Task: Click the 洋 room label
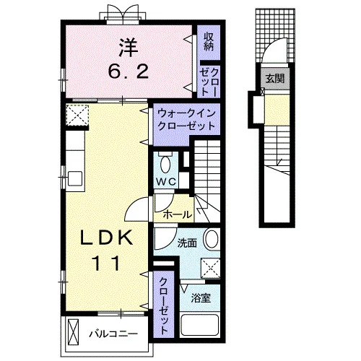(128, 48)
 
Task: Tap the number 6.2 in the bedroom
(128, 71)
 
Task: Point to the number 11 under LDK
(106, 263)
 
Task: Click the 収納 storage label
(209, 42)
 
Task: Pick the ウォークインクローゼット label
(186, 119)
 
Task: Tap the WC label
(166, 182)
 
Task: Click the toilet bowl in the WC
(165, 164)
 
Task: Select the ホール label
(178, 214)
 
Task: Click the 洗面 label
(187, 243)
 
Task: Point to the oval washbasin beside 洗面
(212, 239)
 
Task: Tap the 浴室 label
(201, 298)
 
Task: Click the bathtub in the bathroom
(199, 325)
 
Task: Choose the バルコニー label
(113, 334)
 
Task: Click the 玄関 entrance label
(275, 78)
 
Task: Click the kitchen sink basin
(75, 178)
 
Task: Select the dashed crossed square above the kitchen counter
(77, 115)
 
